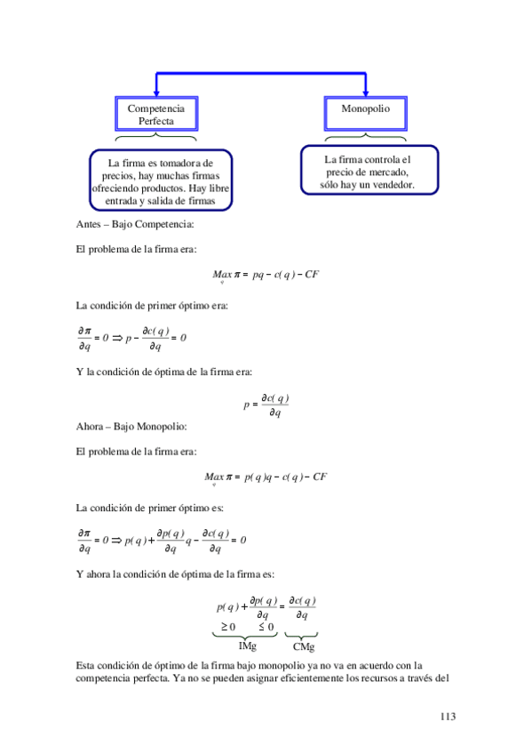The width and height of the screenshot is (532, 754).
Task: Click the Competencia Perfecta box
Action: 156,114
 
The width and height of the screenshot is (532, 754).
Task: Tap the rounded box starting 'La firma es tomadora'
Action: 160,182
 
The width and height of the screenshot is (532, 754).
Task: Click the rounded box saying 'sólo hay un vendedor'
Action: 368,172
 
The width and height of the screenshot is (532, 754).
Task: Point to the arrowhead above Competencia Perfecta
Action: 156,92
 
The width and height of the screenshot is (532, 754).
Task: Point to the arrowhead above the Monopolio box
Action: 366,92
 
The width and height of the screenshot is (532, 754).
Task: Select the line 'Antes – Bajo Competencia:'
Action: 129,224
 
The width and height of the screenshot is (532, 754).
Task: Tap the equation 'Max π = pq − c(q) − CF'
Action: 266,275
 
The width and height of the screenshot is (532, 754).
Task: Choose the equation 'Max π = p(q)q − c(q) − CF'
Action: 266,478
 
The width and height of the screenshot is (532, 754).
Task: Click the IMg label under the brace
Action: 247,646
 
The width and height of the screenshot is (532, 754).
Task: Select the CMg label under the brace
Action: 304,646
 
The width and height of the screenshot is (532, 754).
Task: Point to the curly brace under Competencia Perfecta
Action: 156,138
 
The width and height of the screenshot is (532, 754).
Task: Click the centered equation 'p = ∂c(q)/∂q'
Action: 266,405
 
